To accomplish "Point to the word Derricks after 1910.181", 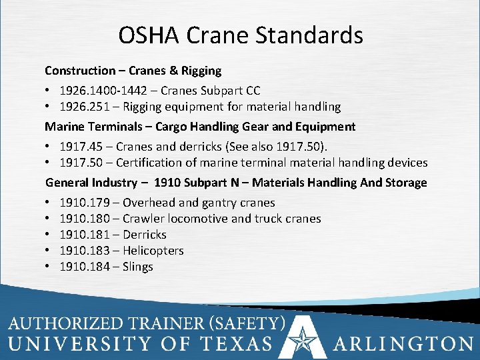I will click(145, 234).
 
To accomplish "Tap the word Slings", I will click(138, 266).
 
